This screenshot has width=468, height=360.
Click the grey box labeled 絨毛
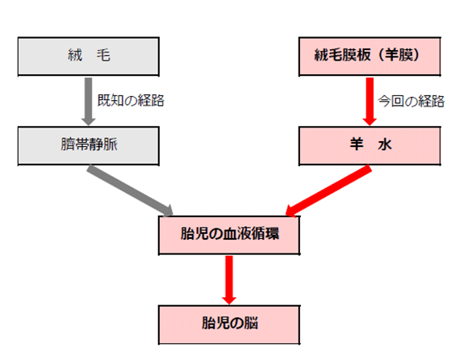(x=88, y=57)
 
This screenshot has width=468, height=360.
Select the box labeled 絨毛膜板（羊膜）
(x=370, y=57)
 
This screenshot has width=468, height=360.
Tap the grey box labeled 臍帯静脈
(x=88, y=145)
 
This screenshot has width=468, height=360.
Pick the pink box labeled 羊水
(x=370, y=145)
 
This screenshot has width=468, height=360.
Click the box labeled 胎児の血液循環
(x=229, y=235)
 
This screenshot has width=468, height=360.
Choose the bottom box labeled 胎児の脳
(x=229, y=324)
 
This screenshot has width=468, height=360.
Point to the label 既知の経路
(x=131, y=100)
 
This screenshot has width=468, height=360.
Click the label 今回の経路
(x=412, y=101)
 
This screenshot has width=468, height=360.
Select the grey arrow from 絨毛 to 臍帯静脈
(x=88, y=102)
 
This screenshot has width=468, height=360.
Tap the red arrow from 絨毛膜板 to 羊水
(x=370, y=102)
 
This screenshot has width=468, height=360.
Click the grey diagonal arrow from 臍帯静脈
(x=130, y=190)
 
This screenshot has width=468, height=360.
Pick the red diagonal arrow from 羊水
(x=328, y=190)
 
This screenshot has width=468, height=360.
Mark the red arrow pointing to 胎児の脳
(x=229, y=280)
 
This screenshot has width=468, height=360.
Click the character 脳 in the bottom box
(x=251, y=324)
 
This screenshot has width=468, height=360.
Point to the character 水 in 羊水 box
(x=384, y=144)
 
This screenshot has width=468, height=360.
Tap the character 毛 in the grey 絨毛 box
(x=103, y=55)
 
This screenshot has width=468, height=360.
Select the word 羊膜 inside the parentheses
(x=399, y=55)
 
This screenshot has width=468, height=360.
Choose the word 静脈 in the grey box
(x=103, y=144)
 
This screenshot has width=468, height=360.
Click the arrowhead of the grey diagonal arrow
(x=168, y=211)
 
